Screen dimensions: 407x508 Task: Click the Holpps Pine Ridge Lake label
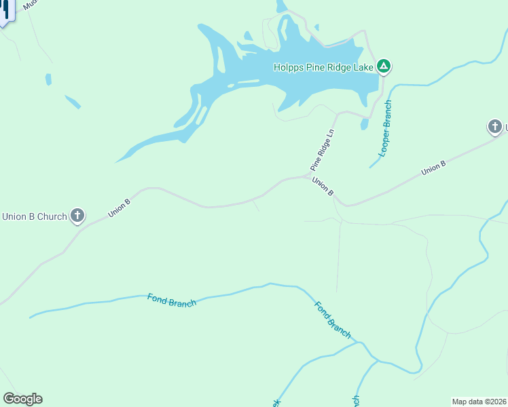(x=323, y=66)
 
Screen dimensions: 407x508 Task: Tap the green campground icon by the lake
(x=384, y=66)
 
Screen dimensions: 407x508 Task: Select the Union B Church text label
(x=34, y=217)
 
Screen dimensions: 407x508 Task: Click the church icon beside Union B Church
(x=77, y=216)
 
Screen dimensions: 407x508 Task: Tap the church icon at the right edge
(x=495, y=126)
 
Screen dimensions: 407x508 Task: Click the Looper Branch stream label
(x=385, y=129)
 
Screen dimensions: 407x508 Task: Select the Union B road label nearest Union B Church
(x=118, y=208)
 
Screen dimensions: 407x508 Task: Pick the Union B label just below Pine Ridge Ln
(x=323, y=187)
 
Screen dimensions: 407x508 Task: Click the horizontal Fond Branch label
(x=172, y=300)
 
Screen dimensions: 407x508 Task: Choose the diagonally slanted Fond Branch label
(x=333, y=319)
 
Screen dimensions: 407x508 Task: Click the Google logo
(x=22, y=399)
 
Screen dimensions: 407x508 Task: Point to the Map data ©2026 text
(x=479, y=401)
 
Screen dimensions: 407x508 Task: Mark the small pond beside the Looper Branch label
(x=365, y=125)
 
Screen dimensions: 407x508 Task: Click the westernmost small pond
(x=48, y=79)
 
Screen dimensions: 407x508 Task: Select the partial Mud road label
(x=29, y=5)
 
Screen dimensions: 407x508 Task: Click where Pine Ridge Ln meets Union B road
(x=307, y=176)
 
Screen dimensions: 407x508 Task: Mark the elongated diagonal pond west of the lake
(x=72, y=102)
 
